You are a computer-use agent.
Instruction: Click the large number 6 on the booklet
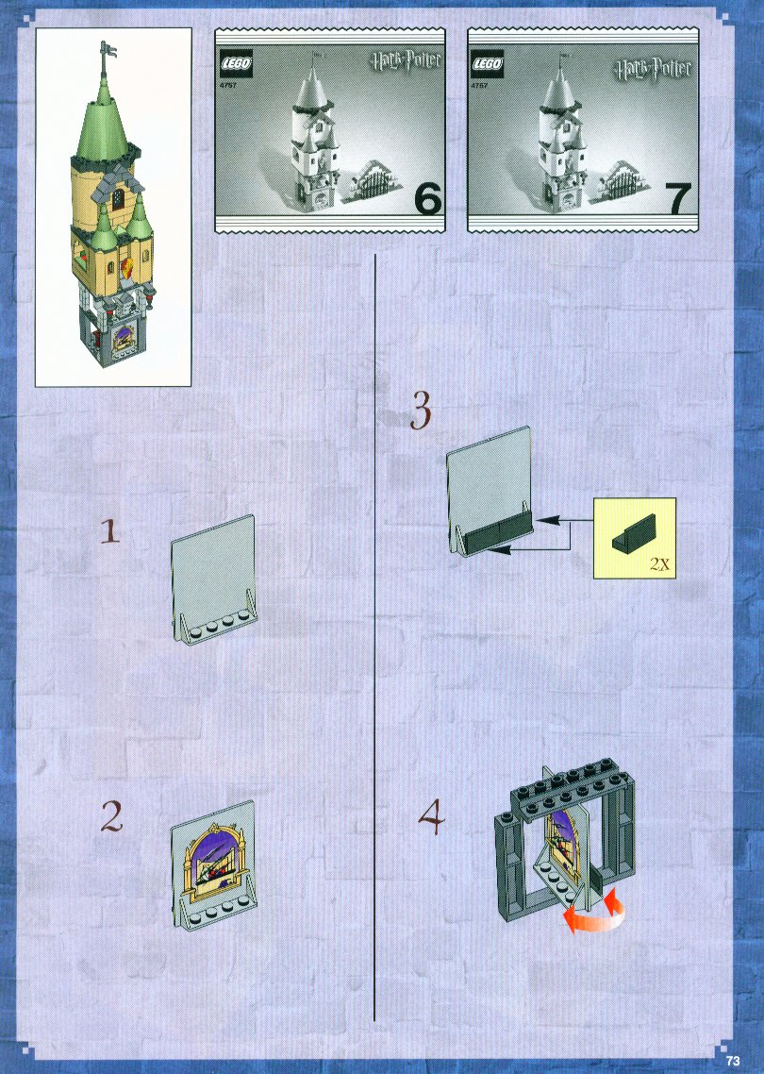(428, 199)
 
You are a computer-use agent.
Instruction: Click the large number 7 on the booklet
(678, 199)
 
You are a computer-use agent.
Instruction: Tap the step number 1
(109, 530)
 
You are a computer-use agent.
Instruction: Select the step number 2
(112, 816)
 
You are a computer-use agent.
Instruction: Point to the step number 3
(421, 411)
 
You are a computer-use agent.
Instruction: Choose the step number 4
(432, 817)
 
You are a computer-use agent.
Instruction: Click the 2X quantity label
(659, 564)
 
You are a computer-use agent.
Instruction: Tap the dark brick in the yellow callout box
(634, 531)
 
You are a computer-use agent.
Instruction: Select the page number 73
(733, 1060)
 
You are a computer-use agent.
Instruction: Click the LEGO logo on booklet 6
(236, 65)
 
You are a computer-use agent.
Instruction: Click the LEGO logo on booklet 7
(489, 65)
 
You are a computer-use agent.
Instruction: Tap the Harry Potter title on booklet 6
(406, 61)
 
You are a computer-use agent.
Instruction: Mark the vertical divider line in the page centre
(375, 637)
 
